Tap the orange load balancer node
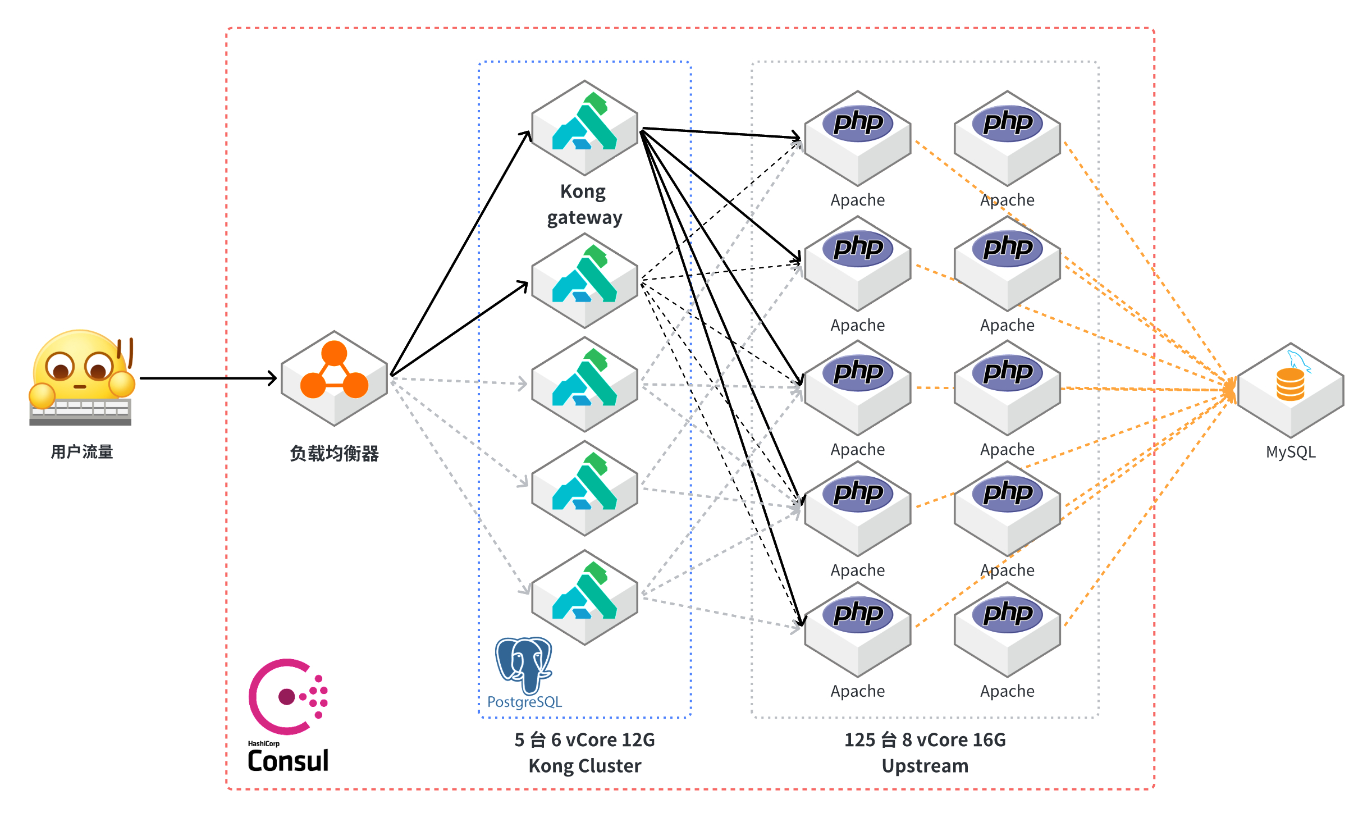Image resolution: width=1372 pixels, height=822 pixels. click(x=335, y=377)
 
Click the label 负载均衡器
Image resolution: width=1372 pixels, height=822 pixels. click(x=335, y=453)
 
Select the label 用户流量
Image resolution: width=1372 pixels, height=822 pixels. click(x=82, y=451)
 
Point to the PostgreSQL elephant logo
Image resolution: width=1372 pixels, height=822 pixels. click(x=524, y=665)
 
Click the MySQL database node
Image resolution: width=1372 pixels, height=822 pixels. click(x=1291, y=390)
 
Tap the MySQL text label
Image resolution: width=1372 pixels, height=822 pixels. click(x=1291, y=452)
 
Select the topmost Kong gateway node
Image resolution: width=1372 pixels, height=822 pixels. click(x=584, y=127)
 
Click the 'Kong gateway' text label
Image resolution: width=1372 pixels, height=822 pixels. click(x=584, y=204)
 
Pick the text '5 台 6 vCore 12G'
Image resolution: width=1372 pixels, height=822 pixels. click(x=584, y=740)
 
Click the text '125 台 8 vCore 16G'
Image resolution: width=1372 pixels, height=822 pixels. click(x=925, y=740)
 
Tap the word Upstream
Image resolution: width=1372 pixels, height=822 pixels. click(x=925, y=766)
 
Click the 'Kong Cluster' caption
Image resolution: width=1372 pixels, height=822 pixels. click(x=584, y=766)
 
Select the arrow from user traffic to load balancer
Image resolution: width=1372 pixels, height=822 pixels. click(x=208, y=378)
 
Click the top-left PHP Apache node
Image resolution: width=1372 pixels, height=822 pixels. click(x=858, y=138)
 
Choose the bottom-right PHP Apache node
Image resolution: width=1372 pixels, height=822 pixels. click(x=1007, y=629)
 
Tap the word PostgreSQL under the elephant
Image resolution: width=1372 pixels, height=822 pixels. click(x=524, y=702)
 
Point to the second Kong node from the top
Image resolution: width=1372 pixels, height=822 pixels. click(x=584, y=280)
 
